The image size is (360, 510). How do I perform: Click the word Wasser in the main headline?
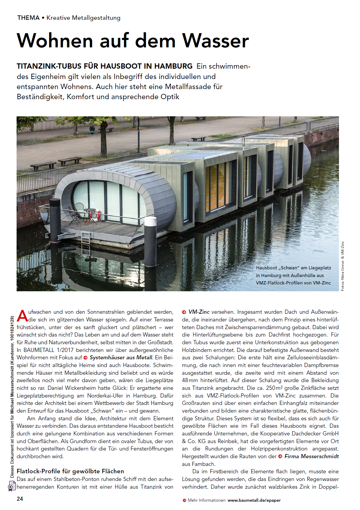click(x=216, y=41)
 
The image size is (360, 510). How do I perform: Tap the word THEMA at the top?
click(x=28, y=18)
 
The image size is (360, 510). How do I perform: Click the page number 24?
click(x=20, y=499)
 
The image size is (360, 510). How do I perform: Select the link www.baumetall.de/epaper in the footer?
click(x=254, y=500)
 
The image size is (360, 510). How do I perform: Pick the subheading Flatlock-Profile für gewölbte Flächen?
click(x=70, y=471)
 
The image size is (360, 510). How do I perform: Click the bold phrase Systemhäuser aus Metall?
click(x=121, y=358)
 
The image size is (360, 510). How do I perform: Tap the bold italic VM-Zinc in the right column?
click(x=199, y=312)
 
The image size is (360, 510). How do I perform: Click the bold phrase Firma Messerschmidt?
click(x=311, y=456)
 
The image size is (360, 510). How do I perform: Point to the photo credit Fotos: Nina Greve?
click(x=343, y=275)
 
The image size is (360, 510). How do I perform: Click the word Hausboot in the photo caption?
click(x=266, y=268)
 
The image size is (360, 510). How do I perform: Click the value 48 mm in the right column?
click(x=190, y=380)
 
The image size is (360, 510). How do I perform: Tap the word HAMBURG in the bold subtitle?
click(x=173, y=66)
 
